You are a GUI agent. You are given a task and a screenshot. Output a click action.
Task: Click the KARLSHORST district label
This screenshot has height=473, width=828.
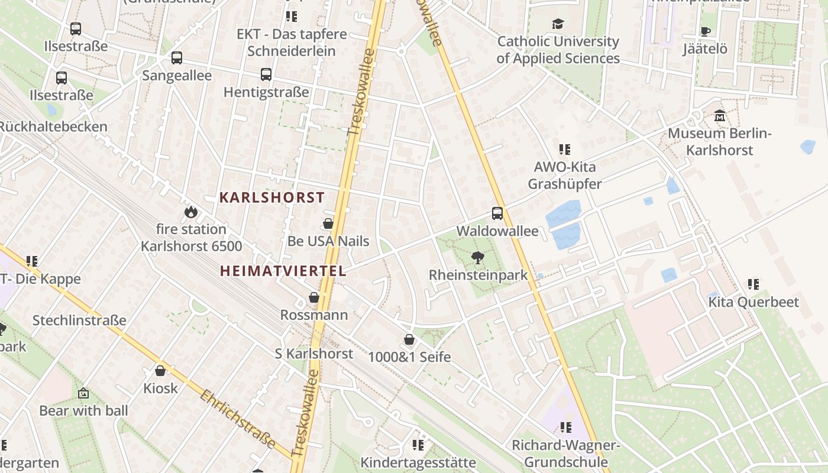(272, 197)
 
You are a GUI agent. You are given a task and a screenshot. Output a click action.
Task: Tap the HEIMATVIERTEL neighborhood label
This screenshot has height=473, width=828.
(283, 271)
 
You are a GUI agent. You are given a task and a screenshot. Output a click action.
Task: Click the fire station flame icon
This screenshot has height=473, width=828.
(190, 212)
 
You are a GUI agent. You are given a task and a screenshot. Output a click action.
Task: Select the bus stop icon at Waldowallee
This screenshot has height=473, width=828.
(497, 213)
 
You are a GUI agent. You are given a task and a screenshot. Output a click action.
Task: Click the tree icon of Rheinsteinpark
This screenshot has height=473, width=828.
(477, 258)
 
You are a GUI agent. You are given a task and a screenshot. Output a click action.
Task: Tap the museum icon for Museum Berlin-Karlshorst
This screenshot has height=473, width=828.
(719, 116)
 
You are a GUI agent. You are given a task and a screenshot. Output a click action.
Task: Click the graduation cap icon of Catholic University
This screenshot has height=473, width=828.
(558, 24)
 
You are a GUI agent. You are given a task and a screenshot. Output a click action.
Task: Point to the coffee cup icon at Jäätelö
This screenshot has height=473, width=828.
(705, 31)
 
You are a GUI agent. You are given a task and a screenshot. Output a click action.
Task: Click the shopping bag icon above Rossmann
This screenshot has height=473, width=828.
(314, 297)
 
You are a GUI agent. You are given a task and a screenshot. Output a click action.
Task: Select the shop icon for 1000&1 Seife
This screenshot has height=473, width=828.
(409, 339)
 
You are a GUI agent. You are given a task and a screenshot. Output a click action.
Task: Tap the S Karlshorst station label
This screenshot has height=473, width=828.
(314, 354)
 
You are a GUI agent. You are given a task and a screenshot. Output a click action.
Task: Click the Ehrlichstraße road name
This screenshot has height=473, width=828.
(238, 419)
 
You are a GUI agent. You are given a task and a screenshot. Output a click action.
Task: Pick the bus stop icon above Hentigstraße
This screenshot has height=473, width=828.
(266, 74)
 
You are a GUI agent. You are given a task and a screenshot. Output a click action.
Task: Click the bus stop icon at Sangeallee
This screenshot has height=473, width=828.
(177, 58)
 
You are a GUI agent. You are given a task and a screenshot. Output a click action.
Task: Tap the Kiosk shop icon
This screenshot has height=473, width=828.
(160, 371)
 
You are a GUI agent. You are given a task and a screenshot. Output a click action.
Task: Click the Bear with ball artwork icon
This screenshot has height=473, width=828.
(83, 393)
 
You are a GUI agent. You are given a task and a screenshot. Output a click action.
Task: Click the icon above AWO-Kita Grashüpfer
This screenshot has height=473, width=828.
(565, 150)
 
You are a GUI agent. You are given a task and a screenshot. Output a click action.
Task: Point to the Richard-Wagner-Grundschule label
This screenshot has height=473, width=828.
(565, 453)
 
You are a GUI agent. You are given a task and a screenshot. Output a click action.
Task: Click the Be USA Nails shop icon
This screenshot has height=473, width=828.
(328, 223)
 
